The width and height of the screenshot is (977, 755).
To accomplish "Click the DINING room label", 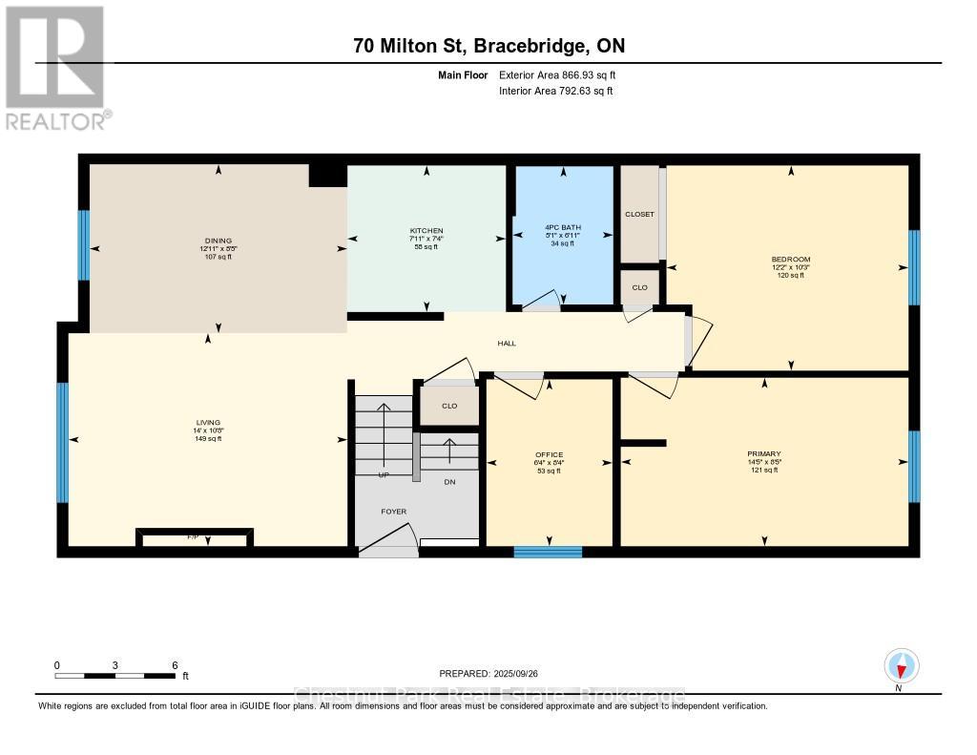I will [218, 241].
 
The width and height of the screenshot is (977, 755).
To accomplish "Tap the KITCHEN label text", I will [426, 231].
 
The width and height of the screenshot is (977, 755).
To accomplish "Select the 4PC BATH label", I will [563, 227].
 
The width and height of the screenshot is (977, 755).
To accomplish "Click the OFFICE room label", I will [549, 454].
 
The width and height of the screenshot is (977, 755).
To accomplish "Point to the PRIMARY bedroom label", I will [763, 454].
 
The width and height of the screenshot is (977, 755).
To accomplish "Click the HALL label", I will [506, 344].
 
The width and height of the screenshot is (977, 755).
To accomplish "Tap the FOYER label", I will [394, 512].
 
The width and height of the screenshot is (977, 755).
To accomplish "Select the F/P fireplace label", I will [194, 538].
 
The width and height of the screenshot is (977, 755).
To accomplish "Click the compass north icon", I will [901, 665].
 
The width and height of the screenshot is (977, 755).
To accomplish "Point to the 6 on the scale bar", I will [175, 665].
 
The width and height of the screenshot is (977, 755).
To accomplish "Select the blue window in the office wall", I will [548, 551].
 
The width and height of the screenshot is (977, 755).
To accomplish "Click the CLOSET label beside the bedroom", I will [639, 214].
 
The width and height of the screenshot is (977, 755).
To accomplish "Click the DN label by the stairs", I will [450, 482].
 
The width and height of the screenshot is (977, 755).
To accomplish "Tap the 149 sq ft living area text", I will [207, 439].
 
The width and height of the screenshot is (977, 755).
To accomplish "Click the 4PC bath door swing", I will [543, 302].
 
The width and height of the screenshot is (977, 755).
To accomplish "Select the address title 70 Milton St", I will [488, 45].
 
